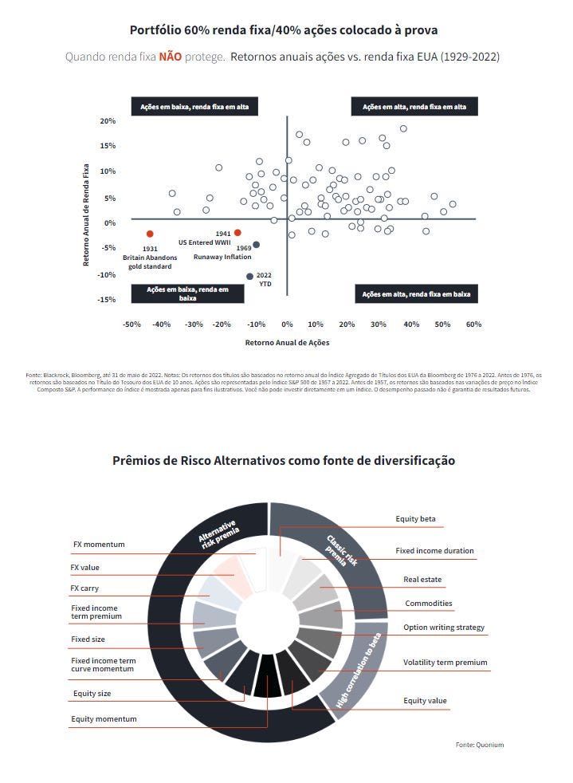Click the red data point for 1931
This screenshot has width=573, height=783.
point(150,234)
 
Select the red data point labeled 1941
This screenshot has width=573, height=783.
point(237,232)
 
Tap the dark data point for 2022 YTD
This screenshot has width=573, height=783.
point(249,276)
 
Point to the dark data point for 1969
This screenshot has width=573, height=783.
point(256,245)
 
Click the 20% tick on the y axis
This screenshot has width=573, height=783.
point(108,121)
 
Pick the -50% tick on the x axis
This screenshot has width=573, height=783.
point(131,325)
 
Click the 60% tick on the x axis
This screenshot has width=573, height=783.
point(473,325)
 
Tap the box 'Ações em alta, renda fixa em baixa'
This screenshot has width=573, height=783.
point(416,294)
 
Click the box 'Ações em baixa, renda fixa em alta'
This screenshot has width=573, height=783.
point(194,107)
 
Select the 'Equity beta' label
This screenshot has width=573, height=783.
point(415,519)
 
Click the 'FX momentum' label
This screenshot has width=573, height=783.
point(99,545)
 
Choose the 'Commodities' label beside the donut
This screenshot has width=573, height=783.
point(428,604)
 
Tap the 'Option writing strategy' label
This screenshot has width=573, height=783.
point(443,628)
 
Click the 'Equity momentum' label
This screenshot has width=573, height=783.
point(104,719)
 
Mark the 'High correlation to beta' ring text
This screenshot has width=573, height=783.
point(359,670)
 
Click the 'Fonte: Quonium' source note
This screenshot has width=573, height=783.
point(480,745)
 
